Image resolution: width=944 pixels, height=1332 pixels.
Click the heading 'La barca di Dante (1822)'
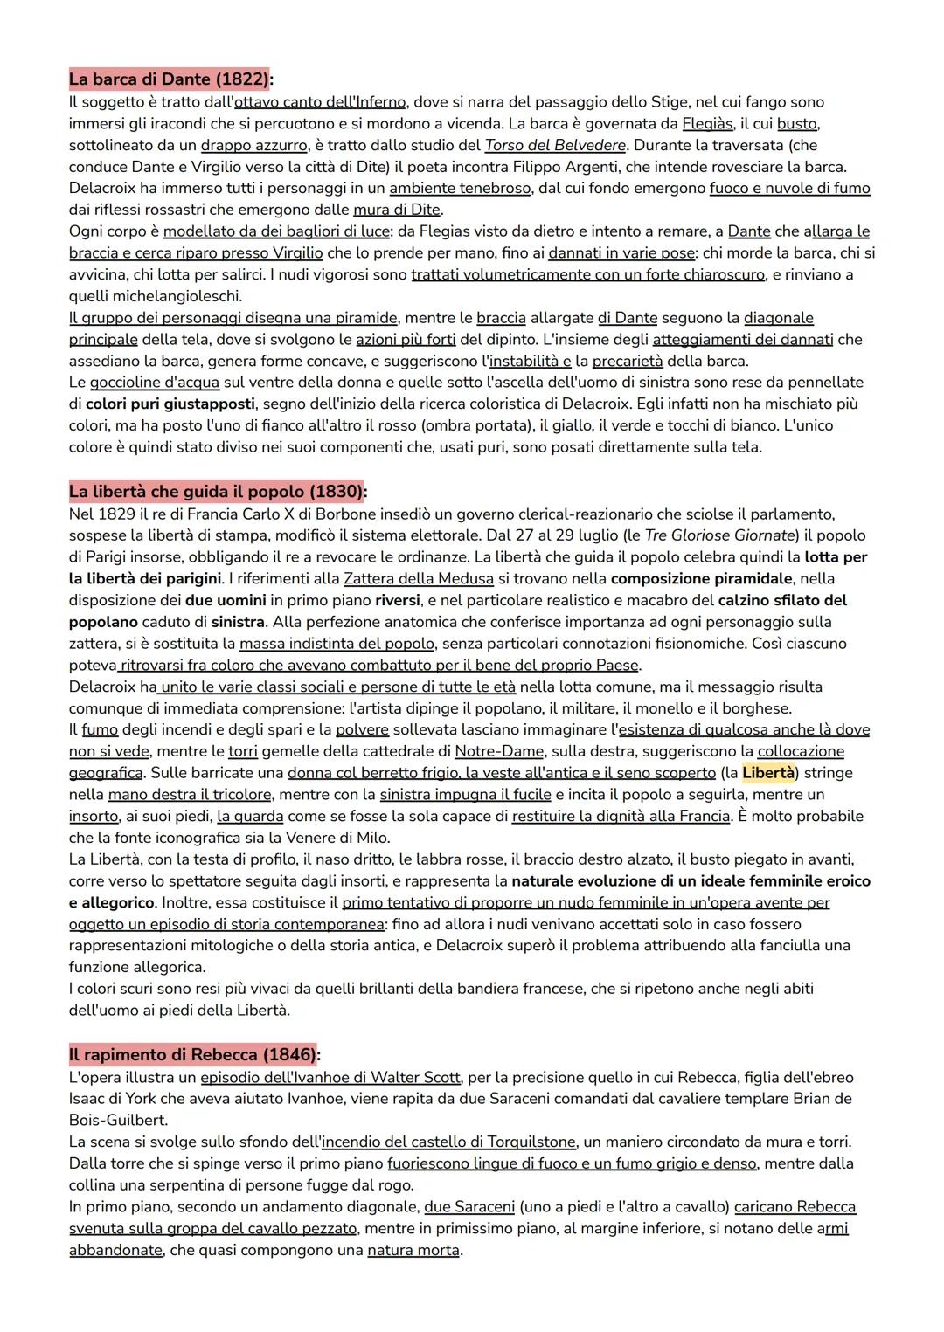[170, 79]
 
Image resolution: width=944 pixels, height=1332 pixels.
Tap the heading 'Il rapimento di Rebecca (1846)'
[193, 1054]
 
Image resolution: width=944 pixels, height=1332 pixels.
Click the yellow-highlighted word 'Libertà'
[768, 773]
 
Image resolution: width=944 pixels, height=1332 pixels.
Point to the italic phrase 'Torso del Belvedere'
[555, 145]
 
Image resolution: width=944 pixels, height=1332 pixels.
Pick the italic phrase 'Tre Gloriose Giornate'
[719, 535]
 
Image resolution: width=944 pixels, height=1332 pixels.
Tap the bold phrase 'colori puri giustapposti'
[170, 404]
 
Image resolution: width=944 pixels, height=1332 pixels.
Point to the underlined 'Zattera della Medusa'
[418, 578]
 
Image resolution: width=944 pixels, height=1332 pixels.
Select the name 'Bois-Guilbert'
[118, 1120]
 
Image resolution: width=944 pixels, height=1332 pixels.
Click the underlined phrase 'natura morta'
[413, 1250]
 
